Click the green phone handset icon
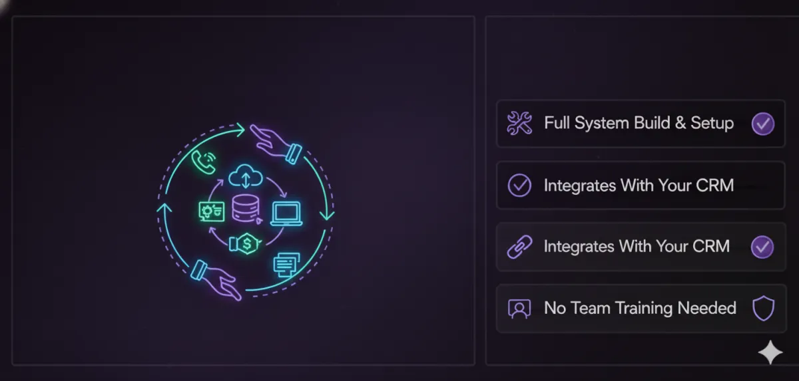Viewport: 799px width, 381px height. tap(203, 160)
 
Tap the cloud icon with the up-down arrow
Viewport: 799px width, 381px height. tap(242, 178)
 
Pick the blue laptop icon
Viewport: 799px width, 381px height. tap(286, 213)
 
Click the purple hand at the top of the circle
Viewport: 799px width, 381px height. tap(274, 141)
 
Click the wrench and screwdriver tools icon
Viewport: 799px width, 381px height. tap(519, 123)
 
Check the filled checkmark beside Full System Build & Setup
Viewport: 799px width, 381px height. tap(762, 124)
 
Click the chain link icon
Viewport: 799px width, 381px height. tap(519, 247)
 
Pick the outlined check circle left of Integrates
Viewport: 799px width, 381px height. tap(519, 186)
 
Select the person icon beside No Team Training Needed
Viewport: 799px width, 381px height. tap(519, 309)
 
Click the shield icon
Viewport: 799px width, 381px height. tap(762, 309)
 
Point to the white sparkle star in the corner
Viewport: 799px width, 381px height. tap(770, 352)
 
